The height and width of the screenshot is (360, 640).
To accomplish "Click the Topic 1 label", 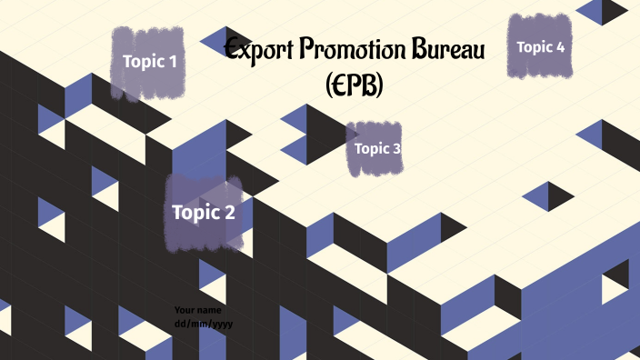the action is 150,62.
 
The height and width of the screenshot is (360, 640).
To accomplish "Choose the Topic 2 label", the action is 204,213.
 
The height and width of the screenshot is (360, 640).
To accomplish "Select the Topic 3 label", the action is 377,148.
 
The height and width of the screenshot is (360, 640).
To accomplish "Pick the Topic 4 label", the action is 541,46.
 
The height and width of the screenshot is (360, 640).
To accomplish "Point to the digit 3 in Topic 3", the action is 396,148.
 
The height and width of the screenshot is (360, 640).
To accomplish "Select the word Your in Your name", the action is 186,310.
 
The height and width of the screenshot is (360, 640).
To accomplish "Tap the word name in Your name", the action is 210,310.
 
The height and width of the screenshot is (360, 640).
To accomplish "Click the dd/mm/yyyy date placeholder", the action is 199,323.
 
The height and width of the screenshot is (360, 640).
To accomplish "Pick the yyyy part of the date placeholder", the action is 214,323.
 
